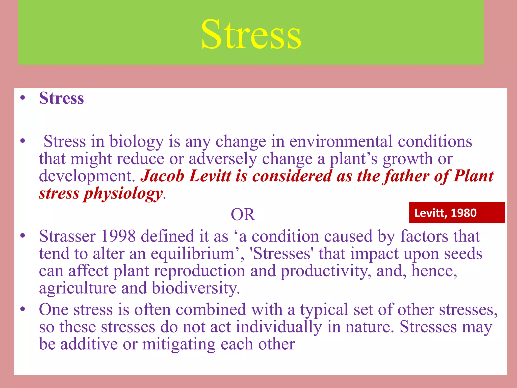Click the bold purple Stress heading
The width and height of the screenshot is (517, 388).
61,98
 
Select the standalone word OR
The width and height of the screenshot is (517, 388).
243,215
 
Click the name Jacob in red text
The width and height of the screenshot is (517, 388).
163,176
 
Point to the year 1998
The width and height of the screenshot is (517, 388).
118,236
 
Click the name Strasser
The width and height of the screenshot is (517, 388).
67,236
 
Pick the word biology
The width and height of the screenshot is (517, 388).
137,141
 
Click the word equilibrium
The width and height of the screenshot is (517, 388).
193,254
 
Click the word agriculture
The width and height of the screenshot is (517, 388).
77,288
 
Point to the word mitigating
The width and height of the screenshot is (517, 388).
179,344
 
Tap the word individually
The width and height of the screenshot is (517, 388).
279,327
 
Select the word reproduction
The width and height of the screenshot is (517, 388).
199,271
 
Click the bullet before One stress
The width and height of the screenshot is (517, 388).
23,309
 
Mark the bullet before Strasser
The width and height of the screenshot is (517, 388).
23,236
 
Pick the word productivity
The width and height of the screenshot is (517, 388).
326,271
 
